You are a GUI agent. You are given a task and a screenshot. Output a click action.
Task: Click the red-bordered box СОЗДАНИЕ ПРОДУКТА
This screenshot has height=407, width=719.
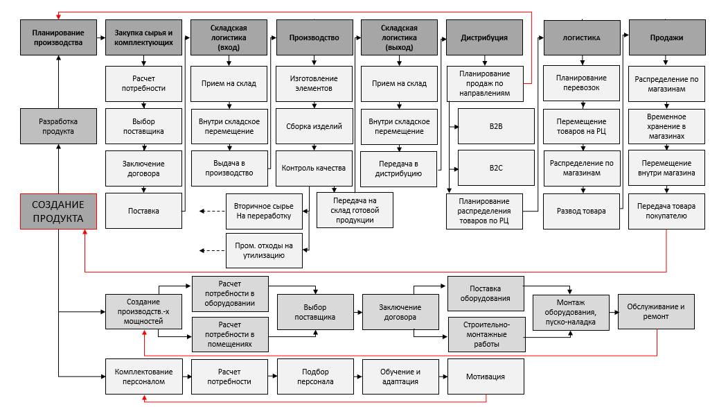pyautogui.click(x=58, y=211)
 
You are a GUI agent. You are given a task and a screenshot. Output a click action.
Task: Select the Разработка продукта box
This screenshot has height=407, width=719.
pyautogui.click(x=58, y=126)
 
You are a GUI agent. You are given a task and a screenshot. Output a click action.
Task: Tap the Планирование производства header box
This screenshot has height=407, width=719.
pyautogui.click(x=58, y=37)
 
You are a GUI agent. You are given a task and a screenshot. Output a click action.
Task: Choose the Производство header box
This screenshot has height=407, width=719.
pyautogui.click(x=314, y=37)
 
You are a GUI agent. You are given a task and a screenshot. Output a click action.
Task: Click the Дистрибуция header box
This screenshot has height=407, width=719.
pyautogui.click(x=484, y=37)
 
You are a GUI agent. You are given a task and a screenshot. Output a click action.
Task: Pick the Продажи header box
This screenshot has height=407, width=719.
pyautogui.click(x=666, y=37)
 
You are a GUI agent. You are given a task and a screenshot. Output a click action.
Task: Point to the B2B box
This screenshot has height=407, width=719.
pyautogui.click(x=495, y=127)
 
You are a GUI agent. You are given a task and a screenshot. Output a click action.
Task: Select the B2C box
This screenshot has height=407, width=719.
pyautogui.click(x=495, y=168)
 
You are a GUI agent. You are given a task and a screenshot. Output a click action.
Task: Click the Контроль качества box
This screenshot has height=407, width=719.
pyautogui.click(x=314, y=168)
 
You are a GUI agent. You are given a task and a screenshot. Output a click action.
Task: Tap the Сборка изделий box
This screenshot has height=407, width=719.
pyautogui.click(x=314, y=127)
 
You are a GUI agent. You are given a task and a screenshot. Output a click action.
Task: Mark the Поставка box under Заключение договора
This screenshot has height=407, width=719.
pyautogui.click(x=143, y=211)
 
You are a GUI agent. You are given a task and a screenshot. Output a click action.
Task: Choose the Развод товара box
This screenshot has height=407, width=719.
pyautogui.click(x=580, y=211)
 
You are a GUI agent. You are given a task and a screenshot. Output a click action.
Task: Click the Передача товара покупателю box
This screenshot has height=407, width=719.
pyautogui.click(x=666, y=211)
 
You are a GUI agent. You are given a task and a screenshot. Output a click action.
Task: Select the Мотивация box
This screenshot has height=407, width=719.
pyautogui.click(x=486, y=377)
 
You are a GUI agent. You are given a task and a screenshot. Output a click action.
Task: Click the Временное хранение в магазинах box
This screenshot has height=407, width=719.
pyautogui.click(x=666, y=127)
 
